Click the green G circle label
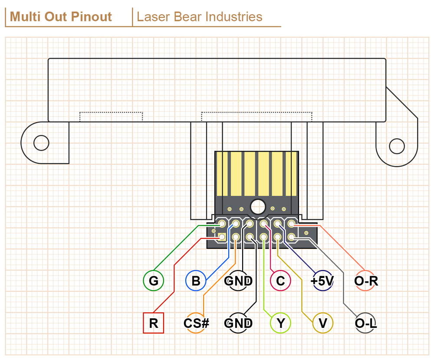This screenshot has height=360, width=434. click(x=153, y=281)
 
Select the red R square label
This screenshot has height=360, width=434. click(x=153, y=323)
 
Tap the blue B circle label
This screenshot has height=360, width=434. click(x=196, y=281)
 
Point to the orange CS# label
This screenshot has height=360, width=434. click(x=196, y=323)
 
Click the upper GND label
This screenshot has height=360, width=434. click(x=238, y=281)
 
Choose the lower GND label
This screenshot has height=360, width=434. click(x=238, y=323)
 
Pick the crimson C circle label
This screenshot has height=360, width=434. click(x=280, y=281)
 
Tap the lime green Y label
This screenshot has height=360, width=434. click(x=280, y=323)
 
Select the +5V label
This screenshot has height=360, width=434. click(x=322, y=281)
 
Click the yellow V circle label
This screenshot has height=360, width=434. click(x=322, y=323)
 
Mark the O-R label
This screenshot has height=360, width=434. click(x=366, y=281)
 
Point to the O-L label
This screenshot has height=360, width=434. click(x=366, y=323)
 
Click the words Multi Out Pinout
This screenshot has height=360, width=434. click(x=61, y=17)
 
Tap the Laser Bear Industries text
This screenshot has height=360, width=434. click(x=199, y=17)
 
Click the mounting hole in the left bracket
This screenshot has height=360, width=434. click(x=41, y=142)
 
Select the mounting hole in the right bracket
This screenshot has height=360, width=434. click(x=397, y=146)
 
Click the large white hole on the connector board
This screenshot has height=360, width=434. click(x=257, y=205)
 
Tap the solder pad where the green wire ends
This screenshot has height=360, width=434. click(x=222, y=224)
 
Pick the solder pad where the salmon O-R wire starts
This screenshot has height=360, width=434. click(x=291, y=224)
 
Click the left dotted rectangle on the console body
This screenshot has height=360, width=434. click(x=111, y=116)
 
